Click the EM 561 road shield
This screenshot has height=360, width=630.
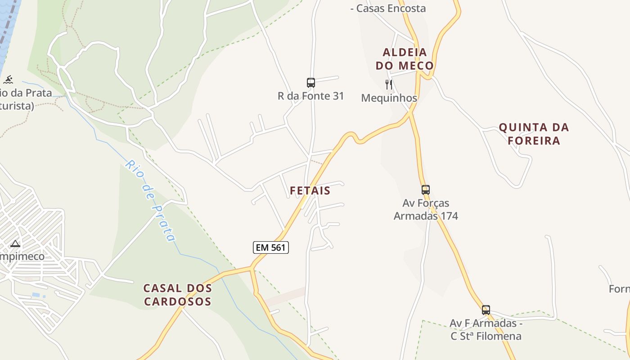pyautogui.click(x=270, y=247)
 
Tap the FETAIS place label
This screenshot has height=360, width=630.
pyautogui.click(x=310, y=190)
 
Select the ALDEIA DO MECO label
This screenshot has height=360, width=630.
pyautogui.click(x=405, y=59)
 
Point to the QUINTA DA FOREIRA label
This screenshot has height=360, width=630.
pyautogui.click(x=534, y=134)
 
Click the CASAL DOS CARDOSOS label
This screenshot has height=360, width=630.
pyautogui.click(x=177, y=295)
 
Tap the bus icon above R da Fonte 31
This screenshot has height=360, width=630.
pyautogui.click(x=311, y=82)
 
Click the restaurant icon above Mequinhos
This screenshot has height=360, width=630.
pyautogui.click(x=389, y=84)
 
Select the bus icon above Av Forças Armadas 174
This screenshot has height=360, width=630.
pyautogui.click(x=426, y=189)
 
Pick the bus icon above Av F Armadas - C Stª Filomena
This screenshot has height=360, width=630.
pyautogui.click(x=486, y=310)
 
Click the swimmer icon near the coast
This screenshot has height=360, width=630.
pyautogui.click(x=8, y=80)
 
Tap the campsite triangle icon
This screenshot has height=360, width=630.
pyautogui.click(x=15, y=244)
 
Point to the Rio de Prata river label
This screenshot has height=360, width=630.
pyautogui.click(x=150, y=201)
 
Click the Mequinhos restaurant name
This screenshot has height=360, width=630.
pyautogui.click(x=389, y=98)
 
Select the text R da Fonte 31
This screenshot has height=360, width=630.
pyautogui.click(x=310, y=96)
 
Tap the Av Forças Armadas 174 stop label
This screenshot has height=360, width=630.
pyautogui.click(x=426, y=210)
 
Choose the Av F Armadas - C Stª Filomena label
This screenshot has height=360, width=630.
pyautogui.click(x=486, y=330)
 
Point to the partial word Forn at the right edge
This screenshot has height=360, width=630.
pyautogui.click(x=619, y=288)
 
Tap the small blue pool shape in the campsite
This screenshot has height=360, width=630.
pyautogui.click(x=36, y=295)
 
